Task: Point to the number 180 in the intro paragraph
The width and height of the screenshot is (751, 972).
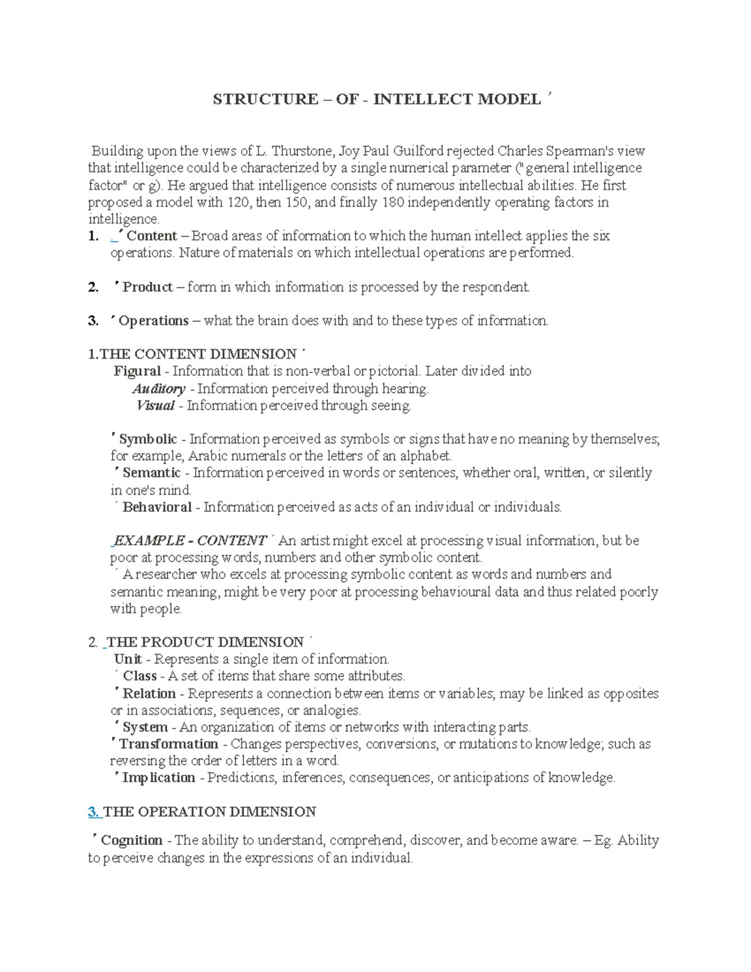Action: pyautogui.click(x=378, y=202)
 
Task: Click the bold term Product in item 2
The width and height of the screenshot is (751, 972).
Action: pyautogui.click(x=148, y=287)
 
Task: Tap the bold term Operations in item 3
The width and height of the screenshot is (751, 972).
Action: pyautogui.click(x=153, y=321)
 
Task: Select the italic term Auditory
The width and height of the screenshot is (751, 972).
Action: pyautogui.click(x=159, y=389)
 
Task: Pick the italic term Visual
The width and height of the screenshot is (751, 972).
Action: pyautogui.click(x=155, y=406)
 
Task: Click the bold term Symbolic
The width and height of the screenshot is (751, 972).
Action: pyautogui.click(x=148, y=439)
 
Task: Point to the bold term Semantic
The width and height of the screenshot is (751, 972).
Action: pyautogui.click(x=151, y=473)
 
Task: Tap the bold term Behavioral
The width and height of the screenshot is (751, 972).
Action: pyautogui.click(x=157, y=508)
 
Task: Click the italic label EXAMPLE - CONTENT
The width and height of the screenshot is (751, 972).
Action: pyautogui.click(x=190, y=541)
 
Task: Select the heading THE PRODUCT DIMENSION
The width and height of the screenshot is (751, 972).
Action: pyautogui.click(x=205, y=642)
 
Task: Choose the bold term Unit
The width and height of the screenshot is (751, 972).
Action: pyautogui.click(x=128, y=659)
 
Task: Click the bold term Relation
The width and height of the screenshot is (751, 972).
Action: pyautogui.click(x=149, y=693)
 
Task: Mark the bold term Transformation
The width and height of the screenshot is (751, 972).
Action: pyautogui.click(x=168, y=744)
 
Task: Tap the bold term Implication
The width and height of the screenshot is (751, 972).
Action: pyautogui.click(x=159, y=778)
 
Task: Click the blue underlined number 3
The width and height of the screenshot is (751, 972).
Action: pyautogui.click(x=93, y=812)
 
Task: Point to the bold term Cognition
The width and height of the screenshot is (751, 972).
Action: pyautogui.click(x=131, y=841)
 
